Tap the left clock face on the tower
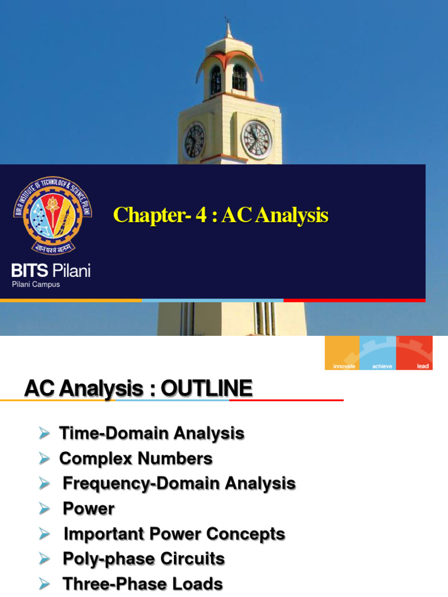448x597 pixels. tap(194, 141)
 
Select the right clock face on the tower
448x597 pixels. tap(256, 139)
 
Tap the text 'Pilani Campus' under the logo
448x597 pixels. tap(36, 285)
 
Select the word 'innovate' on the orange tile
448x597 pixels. tap(344, 366)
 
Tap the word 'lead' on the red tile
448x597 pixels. tap(423, 366)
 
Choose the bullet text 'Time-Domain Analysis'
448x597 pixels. tap(152, 434)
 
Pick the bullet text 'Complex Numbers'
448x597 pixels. tap(136, 459)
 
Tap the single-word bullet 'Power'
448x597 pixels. tap(89, 508)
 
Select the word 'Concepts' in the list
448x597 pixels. tap(249, 533)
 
